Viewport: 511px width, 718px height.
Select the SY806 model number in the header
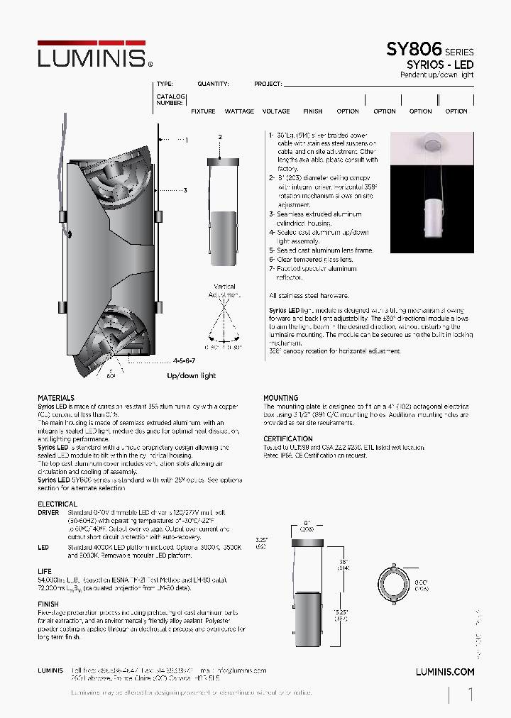[x=414, y=50]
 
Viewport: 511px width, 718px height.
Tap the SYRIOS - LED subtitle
[x=439, y=65]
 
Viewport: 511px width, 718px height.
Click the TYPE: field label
[x=165, y=84]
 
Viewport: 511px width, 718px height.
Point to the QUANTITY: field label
[x=213, y=84]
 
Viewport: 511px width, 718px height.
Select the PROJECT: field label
[x=268, y=84]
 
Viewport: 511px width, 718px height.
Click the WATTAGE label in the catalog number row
[x=239, y=111]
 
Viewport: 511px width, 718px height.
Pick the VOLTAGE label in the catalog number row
[x=276, y=111]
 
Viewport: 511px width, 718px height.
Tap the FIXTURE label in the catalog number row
[x=203, y=111]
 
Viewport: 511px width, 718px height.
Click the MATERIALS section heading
[x=56, y=398]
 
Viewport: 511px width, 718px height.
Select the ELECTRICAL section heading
[x=57, y=504]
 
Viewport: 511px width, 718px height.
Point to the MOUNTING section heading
[x=281, y=398]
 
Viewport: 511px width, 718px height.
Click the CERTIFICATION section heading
[x=288, y=438]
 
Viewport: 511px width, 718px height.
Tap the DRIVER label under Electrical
[x=48, y=512]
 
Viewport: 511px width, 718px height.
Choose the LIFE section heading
[x=45, y=571]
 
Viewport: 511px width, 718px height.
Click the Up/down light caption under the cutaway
[x=192, y=375]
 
